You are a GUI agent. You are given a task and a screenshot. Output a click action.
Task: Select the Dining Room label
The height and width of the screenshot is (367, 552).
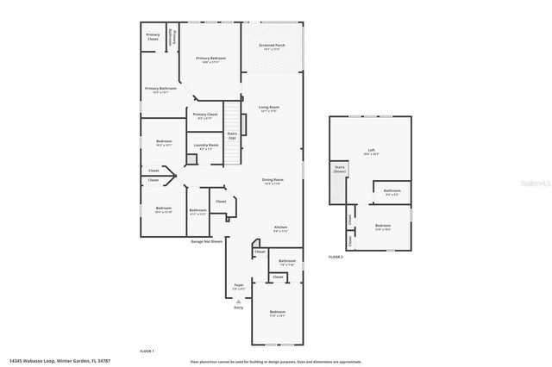pyautogui.click(x=273, y=180)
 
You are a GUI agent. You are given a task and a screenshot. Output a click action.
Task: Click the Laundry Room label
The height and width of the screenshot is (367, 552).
pyautogui.click(x=206, y=146)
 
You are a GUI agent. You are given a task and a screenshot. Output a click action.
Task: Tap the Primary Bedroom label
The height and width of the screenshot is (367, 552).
pyautogui.click(x=210, y=59)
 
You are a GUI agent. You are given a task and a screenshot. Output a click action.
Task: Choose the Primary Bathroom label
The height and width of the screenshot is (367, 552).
pyautogui.click(x=160, y=89)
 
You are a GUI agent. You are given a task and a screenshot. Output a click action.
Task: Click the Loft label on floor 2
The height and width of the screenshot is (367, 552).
pyautogui.click(x=371, y=151)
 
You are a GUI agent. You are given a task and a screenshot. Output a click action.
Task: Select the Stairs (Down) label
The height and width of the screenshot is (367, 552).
pyautogui.click(x=339, y=169)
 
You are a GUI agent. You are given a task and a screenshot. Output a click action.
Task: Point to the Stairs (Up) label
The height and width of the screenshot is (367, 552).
pyautogui.click(x=232, y=135)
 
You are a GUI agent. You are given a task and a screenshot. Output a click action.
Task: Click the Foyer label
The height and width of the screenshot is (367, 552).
pyautogui.click(x=239, y=285)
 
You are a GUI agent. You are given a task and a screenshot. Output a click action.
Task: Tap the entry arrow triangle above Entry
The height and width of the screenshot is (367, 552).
pyautogui.click(x=238, y=302)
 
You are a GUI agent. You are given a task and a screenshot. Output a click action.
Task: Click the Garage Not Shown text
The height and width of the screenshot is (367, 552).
pyautogui.click(x=207, y=242)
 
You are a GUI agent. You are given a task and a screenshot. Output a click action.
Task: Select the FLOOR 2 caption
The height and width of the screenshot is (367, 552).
pyautogui.click(x=336, y=258)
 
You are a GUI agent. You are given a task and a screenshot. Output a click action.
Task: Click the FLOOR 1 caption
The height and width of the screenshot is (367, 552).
pyautogui.click(x=147, y=351)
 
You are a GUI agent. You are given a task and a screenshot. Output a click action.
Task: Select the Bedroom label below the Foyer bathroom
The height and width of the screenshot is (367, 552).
pyautogui.click(x=277, y=312)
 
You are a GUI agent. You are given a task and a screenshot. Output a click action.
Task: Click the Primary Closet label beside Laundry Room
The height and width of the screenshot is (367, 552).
pyautogui.click(x=205, y=115)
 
